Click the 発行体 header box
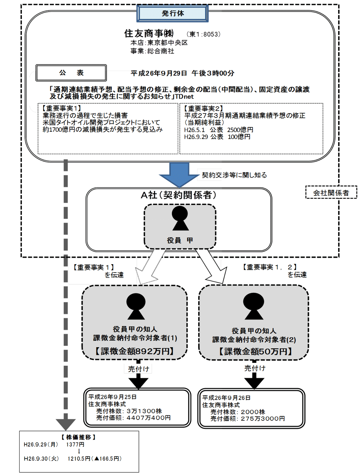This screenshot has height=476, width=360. (x=172, y=13)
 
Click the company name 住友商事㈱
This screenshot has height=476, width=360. (x=149, y=33)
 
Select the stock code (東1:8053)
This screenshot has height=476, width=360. (x=204, y=34)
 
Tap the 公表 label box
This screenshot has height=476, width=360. (x=71, y=73)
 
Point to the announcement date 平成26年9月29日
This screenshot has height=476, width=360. (x=159, y=73)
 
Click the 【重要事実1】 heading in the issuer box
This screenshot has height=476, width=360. (x=61, y=108)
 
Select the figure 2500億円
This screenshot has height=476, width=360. (x=240, y=130)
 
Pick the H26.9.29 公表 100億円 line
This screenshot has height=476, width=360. (x=217, y=137)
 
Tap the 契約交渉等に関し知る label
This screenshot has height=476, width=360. (x=234, y=175)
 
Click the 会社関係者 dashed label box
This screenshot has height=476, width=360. (x=331, y=193)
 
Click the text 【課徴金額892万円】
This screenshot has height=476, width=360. (x=135, y=351)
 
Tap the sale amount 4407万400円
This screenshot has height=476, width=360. (x=149, y=418)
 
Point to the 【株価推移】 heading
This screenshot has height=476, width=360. (x=79, y=437)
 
